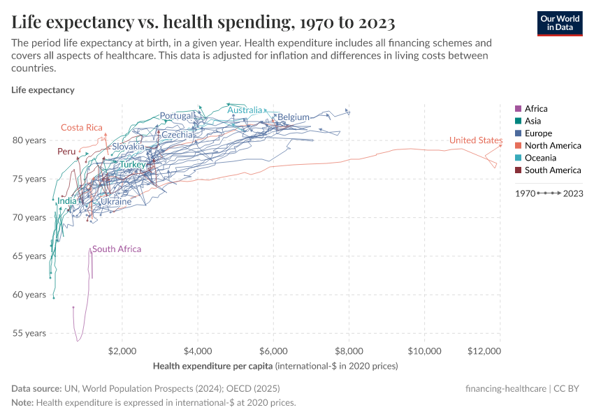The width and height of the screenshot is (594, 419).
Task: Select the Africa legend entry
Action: pyautogui.click(x=536, y=109)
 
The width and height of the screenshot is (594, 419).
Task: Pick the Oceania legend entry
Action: pyautogui.click(x=540, y=158)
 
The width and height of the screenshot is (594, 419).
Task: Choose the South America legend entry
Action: pyautogui.click(x=552, y=170)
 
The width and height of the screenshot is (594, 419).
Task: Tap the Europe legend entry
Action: pyautogui.click(x=538, y=133)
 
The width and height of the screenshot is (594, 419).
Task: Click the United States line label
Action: pyautogui.click(x=475, y=140)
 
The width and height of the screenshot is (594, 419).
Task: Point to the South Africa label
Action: pyautogui.click(x=117, y=249)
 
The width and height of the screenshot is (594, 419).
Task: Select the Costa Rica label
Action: pyautogui.click(x=82, y=128)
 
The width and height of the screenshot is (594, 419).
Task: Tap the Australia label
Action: pyautogui.click(x=245, y=110)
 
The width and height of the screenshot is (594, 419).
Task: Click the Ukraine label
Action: pyautogui.click(x=115, y=202)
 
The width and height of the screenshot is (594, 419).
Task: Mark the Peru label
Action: pyautogui.click(x=66, y=152)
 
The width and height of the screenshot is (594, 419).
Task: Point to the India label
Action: pyautogui.click(x=67, y=201)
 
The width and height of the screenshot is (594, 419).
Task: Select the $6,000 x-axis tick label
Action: pyautogui.click(x=273, y=351)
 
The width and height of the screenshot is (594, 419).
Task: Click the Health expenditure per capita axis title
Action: pyautogui.click(x=213, y=366)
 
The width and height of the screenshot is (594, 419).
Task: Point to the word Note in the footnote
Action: pyautogui.click(x=22, y=403)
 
